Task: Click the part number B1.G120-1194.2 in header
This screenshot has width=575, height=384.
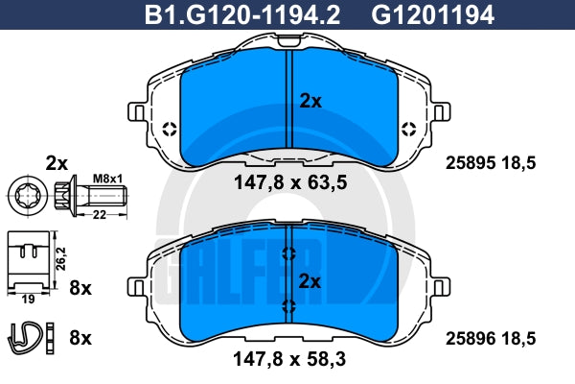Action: coord(242,14)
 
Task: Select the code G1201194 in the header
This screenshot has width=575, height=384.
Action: coord(433,14)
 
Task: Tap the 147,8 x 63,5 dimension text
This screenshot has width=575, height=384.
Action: coord(290,182)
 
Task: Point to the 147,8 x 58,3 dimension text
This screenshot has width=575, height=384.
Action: coord(289,359)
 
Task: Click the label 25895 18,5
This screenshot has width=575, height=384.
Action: coord(491,163)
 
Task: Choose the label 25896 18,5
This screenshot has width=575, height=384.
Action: coord(491,339)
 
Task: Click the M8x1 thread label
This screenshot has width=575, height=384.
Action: coord(107,179)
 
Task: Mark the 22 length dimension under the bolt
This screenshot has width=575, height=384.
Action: coord(100,215)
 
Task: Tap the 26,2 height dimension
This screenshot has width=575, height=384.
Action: coord(60,258)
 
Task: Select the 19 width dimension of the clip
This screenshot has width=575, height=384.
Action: coord(28,300)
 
